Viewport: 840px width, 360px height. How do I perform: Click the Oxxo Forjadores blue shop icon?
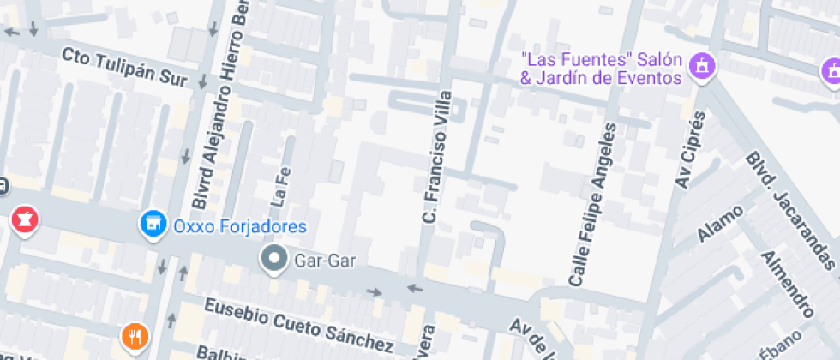[153, 225]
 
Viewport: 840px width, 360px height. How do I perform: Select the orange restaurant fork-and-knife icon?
[133, 336]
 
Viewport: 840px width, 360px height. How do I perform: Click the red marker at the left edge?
[24, 219]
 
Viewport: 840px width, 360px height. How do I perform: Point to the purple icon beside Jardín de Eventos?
[703, 65]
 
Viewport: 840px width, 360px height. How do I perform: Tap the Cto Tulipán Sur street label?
[124, 66]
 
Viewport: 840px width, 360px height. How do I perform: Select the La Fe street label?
[279, 188]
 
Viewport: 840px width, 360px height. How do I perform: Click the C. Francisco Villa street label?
[436, 158]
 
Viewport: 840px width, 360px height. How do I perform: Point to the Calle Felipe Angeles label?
[594, 205]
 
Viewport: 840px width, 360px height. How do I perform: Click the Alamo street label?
[719, 223]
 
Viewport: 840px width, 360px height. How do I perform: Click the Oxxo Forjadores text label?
[239, 226]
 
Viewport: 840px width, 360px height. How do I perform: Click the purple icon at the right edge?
[830, 72]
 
